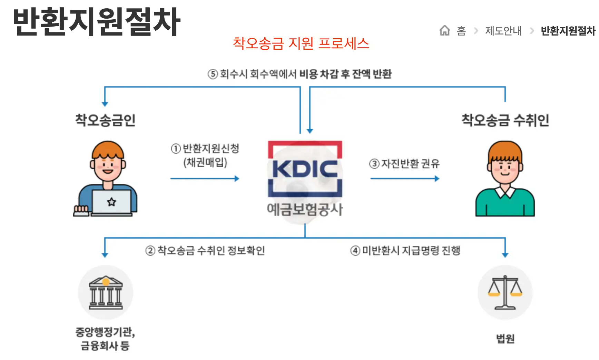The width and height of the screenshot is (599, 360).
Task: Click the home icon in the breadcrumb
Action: (x=444, y=31)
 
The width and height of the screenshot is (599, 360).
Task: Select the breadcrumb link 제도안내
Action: (x=503, y=31)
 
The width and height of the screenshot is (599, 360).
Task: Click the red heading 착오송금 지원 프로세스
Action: (x=301, y=43)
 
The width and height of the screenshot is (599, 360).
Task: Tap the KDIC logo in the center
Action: (x=305, y=169)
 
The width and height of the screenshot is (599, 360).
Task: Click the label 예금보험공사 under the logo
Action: (x=305, y=209)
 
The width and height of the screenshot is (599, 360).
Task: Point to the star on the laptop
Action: (x=111, y=202)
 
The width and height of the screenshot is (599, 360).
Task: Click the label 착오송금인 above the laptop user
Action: (x=105, y=120)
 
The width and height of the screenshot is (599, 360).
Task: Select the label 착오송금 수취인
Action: (x=505, y=120)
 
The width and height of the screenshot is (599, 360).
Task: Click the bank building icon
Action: (x=106, y=292)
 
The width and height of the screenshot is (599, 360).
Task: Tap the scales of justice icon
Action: (x=505, y=292)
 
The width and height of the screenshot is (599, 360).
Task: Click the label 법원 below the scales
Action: (x=505, y=339)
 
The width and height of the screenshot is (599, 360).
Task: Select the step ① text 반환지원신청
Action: (x=211, y=149)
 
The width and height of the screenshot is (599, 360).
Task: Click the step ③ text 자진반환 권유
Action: (x=410, y=163)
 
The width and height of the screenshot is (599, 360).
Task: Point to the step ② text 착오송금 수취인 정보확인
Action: (x=211, y=250)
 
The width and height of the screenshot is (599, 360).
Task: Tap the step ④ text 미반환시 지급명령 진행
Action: (x=411, y=250)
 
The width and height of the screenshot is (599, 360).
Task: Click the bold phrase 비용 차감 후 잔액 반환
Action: (x=345, y=74)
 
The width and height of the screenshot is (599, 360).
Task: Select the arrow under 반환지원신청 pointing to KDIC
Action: (x=205, y=179)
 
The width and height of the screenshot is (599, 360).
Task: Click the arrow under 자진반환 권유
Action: (x=404, y=179)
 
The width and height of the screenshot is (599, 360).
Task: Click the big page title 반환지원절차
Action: (x=97, y=22)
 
